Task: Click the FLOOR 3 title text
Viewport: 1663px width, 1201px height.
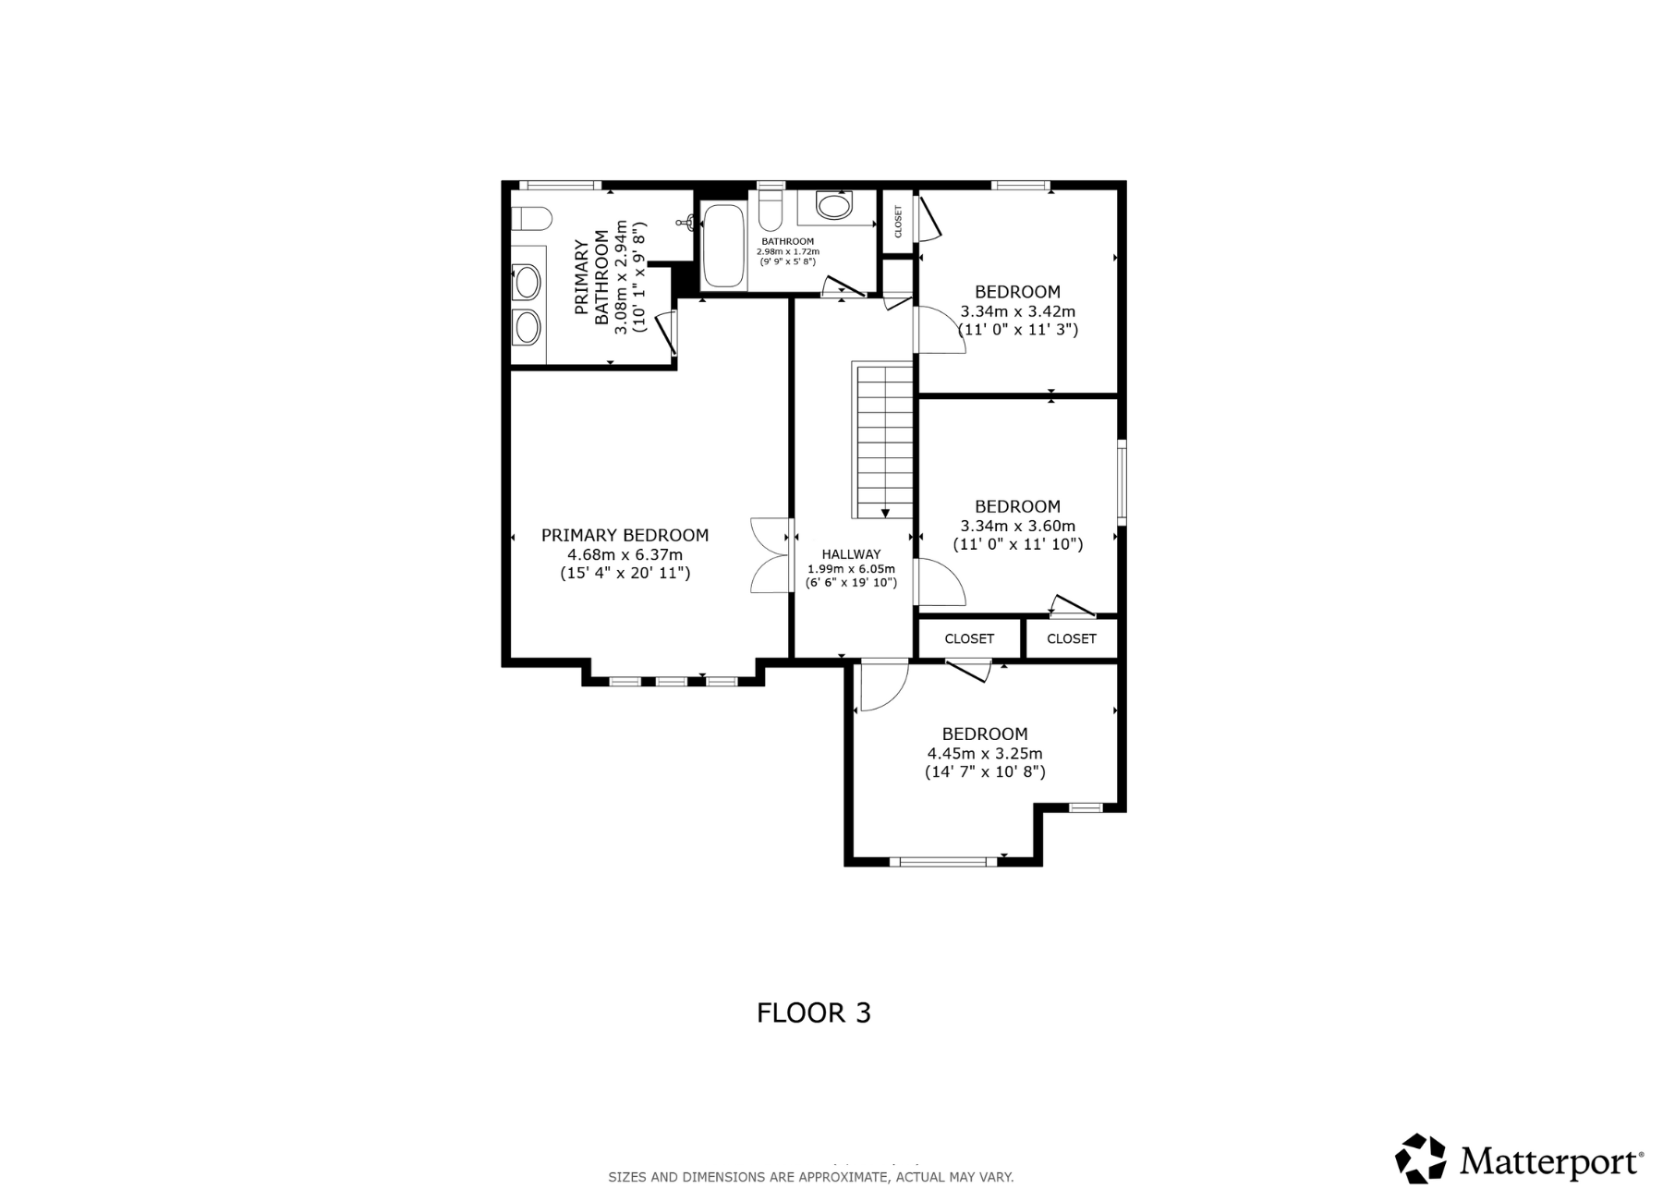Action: (x=813, y=1013)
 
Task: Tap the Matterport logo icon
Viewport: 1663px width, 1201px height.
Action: (x=1420, y=1159)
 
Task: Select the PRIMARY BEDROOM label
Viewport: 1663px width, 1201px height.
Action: (x=625, y=535)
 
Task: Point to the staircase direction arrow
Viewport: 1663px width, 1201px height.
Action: (x=885, y=512)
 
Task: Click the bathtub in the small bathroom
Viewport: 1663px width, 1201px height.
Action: (x=722, y=247)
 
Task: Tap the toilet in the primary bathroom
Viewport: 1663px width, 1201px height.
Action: (x=531, y=220)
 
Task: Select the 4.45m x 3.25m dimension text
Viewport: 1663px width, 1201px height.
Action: (x=985, y=754)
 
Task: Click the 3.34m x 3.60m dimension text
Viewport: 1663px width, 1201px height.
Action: (x=1017, y=527)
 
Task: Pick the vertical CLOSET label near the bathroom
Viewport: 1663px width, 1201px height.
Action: (x=897, y=221)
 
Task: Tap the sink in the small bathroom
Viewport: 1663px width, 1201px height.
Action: (x=835, y=206)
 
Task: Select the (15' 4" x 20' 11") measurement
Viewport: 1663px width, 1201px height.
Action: (x=625, y=574)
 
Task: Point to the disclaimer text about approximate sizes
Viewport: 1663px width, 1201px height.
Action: (x=810, y=1177)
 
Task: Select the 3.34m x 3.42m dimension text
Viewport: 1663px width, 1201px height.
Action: (x=1017, y=311)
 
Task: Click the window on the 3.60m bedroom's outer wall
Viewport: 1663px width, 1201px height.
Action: (x=1121, y=482)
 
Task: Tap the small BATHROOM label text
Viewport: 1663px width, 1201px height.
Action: (x=787, y=241)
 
